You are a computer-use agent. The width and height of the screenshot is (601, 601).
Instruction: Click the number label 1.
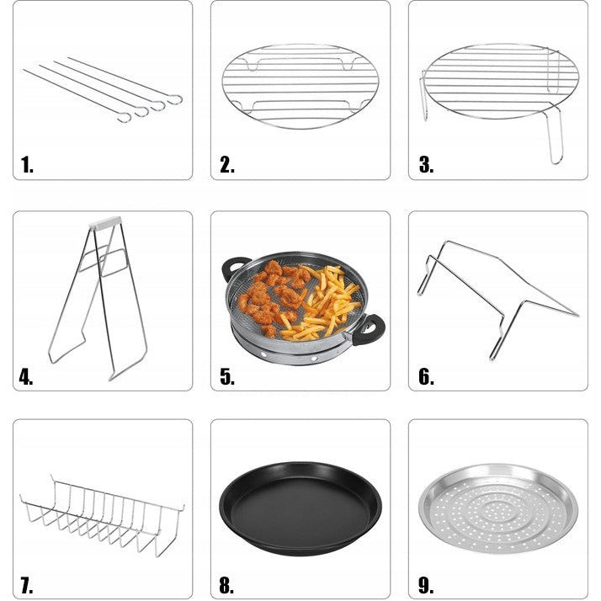(27, 165)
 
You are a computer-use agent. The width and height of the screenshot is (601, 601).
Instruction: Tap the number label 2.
(227, 165)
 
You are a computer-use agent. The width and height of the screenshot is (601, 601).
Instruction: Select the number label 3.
(426, 165)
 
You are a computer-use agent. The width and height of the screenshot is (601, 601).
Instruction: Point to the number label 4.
(26, 377)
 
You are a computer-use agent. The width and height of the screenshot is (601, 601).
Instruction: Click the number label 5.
(227, 377)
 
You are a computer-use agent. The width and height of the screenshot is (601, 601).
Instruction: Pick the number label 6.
(426, 377)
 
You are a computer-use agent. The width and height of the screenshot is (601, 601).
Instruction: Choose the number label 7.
(26, 586)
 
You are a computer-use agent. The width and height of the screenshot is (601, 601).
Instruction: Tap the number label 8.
(226, 586)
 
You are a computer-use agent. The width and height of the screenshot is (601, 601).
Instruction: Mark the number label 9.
(426, 586)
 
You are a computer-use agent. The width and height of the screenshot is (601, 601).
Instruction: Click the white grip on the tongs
(105, 223)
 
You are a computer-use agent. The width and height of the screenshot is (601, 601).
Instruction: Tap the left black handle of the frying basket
(235, 267)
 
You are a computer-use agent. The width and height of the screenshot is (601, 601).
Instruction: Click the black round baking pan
(300, 508)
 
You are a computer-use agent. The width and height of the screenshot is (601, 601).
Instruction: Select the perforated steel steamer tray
(498, 508)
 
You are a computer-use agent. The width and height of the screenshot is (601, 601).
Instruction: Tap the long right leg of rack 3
(555, 134)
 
